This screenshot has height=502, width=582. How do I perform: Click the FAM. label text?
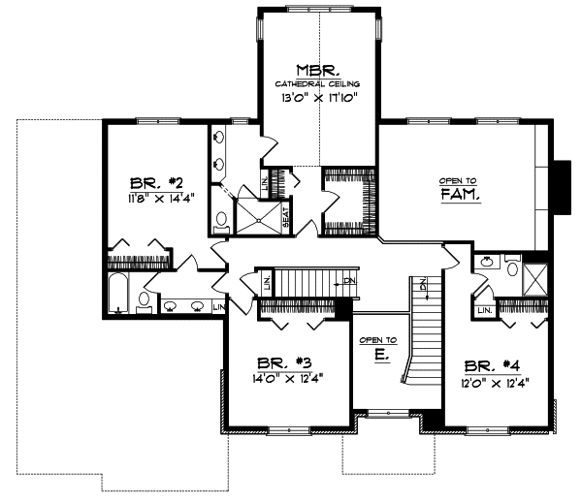pos(462,194)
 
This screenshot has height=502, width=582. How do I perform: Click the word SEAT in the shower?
pos(286,217)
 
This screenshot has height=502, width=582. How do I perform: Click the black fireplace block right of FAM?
pos(561,184)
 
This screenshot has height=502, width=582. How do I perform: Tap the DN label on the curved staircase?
pos(424,283)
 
